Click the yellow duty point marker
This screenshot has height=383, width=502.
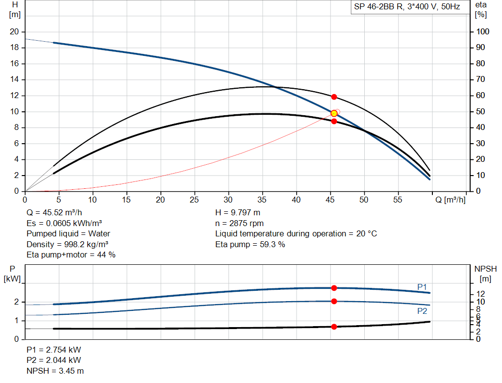tap(334, 113)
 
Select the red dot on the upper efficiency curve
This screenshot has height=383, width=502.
tap(334, 97)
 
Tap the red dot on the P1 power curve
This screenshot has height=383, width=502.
tap(334, 288)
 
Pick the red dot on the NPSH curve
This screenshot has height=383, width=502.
tap(334, 327)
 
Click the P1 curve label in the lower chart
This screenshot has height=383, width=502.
tap(422, 286)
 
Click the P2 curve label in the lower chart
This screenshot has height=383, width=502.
tap(422, 311)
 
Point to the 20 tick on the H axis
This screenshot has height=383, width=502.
tap(14, 32)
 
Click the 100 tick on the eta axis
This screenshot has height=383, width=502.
tap(483, 32)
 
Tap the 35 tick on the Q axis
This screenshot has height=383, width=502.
tap(262, 200)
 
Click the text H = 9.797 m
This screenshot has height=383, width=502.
tap(238, 213)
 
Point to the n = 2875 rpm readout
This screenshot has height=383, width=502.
tap(239, 223)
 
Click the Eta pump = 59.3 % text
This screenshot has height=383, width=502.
tap(250, 244)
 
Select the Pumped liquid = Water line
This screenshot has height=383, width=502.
tap(68, 233)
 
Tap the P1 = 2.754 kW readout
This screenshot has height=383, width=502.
tap(54, 350)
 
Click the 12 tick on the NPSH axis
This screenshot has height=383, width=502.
tap(482, 293)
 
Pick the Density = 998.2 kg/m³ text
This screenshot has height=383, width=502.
tap(68, 244)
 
